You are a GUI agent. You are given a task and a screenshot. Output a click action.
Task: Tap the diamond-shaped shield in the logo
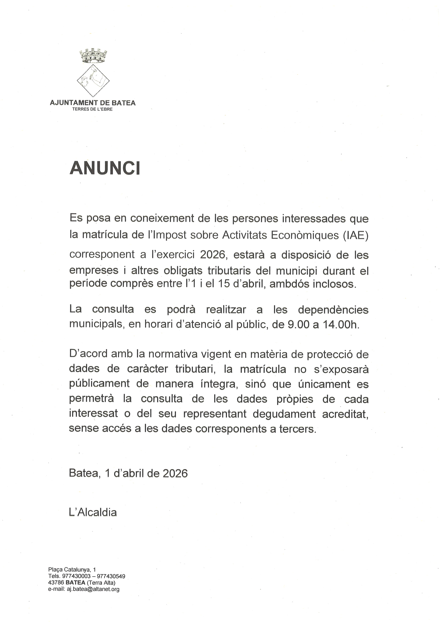pyautogui.click(x=93, y=81)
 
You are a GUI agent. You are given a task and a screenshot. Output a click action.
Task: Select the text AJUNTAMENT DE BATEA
pyautogui.click(x=93, y=103)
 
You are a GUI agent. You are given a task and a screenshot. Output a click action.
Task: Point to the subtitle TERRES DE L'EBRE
pyautogui.click(x=92, y=109)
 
